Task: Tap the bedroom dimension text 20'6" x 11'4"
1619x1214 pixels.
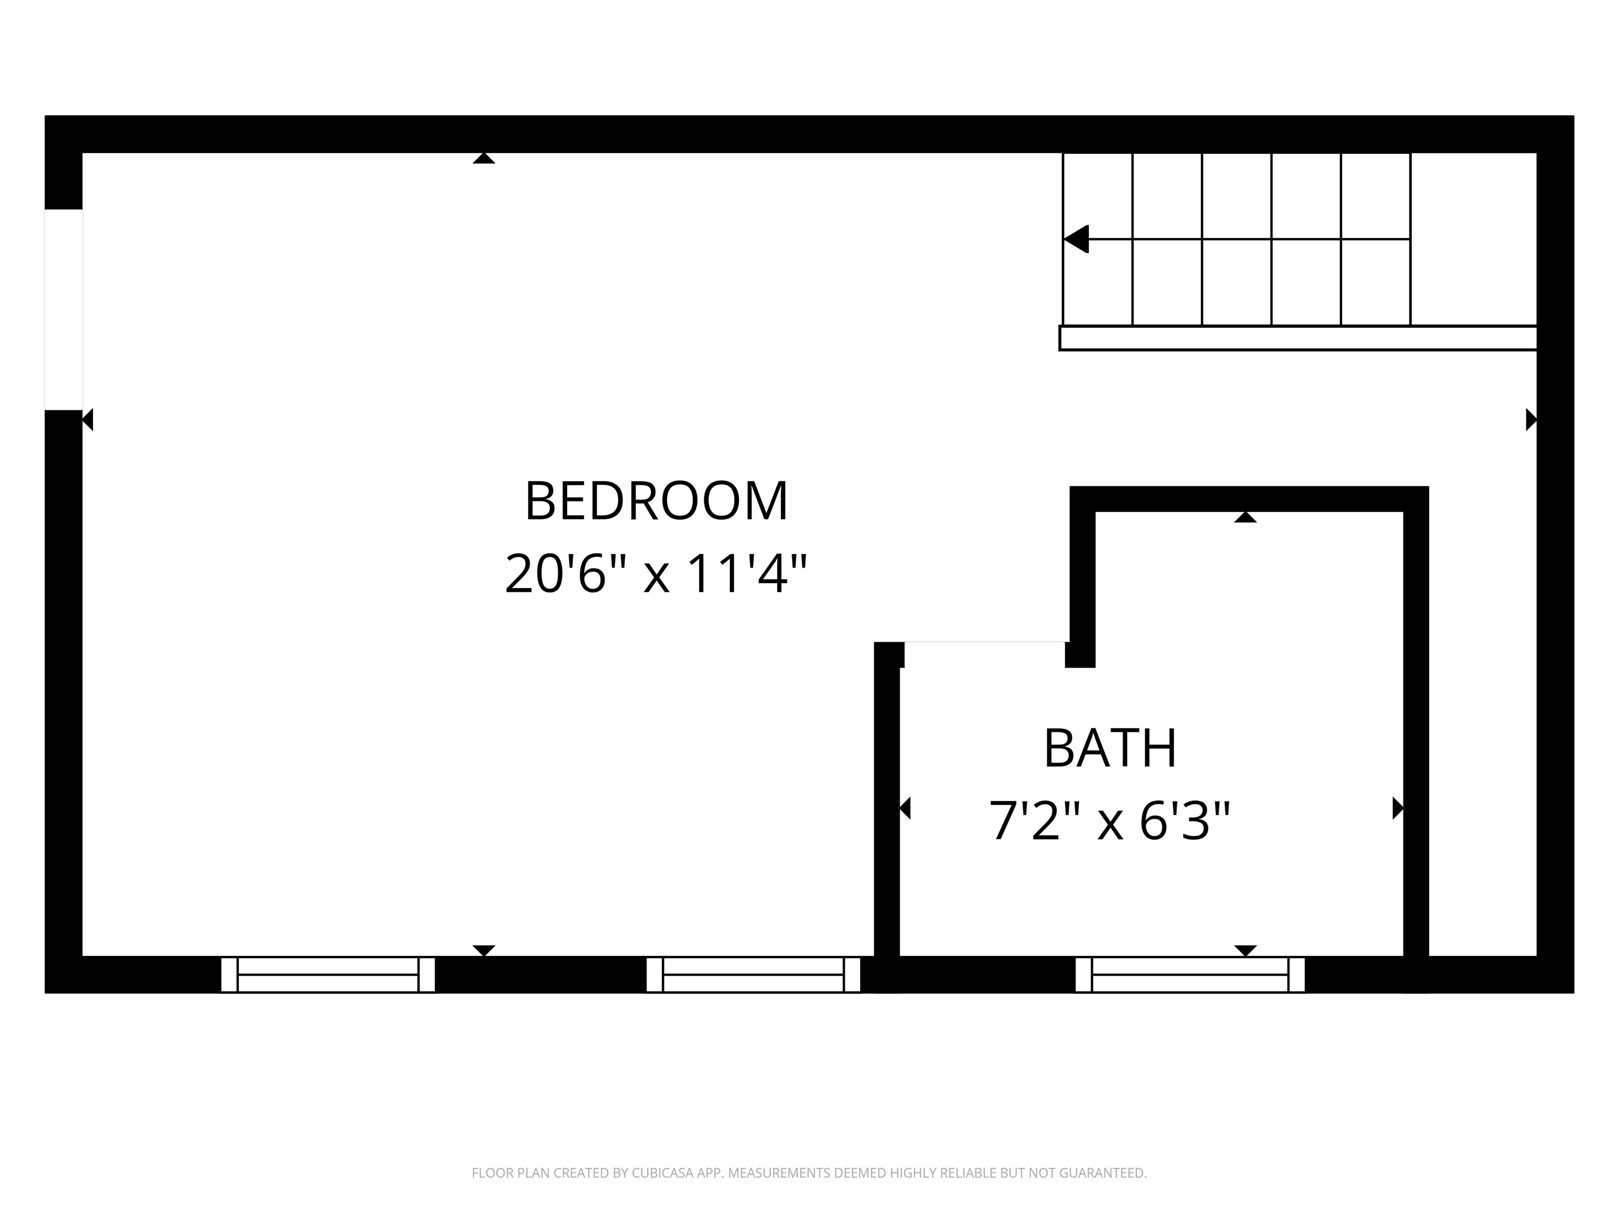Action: pos(657,574)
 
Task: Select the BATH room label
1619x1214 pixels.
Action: pos(1109,749)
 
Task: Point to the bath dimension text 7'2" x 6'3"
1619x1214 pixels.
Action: pos(1109,821)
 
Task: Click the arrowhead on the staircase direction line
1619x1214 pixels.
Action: pos(1076,239)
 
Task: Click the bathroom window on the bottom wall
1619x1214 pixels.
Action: pos(1189,975)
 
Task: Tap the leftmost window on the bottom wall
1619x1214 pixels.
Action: pos(328,975)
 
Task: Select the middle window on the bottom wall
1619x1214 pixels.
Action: pos(753,975)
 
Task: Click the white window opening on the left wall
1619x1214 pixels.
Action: pos(64,309)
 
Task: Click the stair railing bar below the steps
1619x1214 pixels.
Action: pos(1297,338)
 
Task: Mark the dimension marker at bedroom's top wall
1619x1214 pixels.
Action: pos(484,158)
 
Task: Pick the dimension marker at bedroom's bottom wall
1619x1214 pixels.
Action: pos(484,951)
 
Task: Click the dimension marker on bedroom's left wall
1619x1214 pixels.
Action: pos(88,420)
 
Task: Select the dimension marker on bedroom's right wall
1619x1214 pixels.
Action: pos(1530,420)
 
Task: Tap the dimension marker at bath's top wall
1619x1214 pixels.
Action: pos(1245,517)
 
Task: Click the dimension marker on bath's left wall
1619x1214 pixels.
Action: pos(905,809)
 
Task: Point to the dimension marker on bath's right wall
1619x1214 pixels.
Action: pos(1397,809)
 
